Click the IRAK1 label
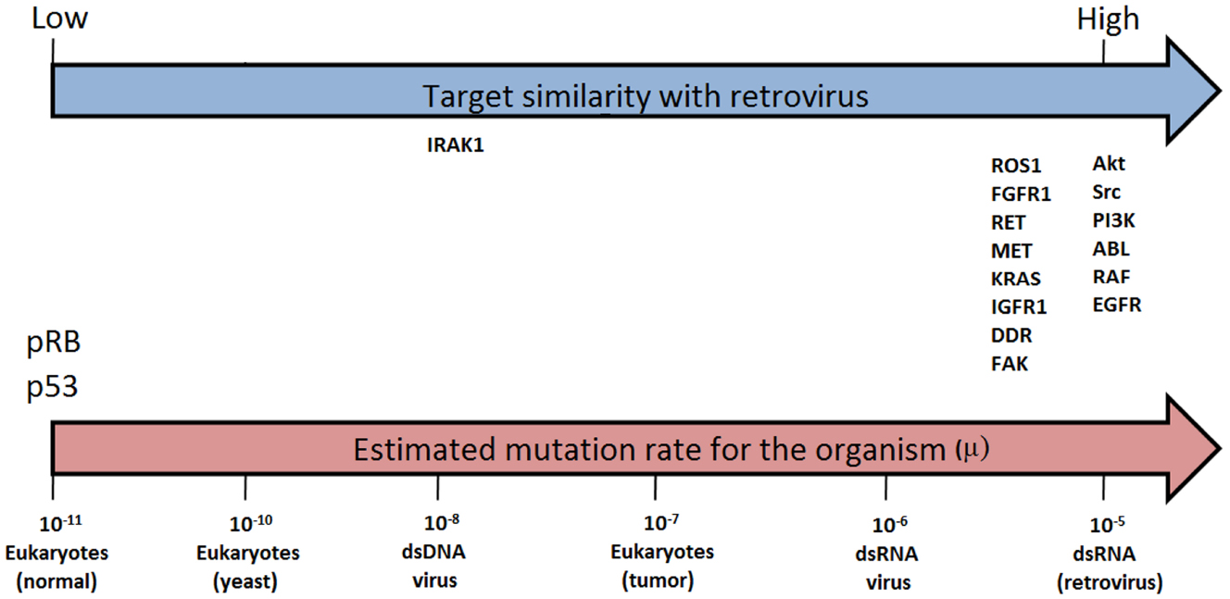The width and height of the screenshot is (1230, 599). click(x=455, y=145)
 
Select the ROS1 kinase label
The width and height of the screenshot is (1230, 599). click(x=1016, y=166)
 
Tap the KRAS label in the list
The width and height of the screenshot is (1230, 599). click(x=1015, y=279)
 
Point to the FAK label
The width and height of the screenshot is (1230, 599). click(x=1010, y=364)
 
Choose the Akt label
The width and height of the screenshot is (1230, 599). click(x=1109, y=163)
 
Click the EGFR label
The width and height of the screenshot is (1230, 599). click(x=1117, y=305)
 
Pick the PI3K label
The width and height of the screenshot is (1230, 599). click(x=1113, y=220)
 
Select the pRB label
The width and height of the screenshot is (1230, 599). click(x=54, y=343)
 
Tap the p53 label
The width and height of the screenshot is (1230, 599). click(x=52, y=386)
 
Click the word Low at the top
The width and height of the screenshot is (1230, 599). click(x=59, y=19)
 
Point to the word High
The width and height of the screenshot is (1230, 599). click(x=1108, y=19)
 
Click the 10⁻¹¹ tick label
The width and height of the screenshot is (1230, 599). click(x=60, y=523)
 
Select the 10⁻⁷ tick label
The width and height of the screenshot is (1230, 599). click(x=661, y=522)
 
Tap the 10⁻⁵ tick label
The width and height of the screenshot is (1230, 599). click(x=1107, y=524)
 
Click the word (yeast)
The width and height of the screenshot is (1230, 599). click(x=245, y=580)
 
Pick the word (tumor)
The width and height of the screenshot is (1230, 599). click(x=658, y=580)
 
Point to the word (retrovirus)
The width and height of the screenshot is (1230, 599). click(x=1110, y=582)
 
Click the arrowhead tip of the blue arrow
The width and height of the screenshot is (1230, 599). click(x=1220, y=91)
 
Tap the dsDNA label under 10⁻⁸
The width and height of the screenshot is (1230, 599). click(x=433, y=551)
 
